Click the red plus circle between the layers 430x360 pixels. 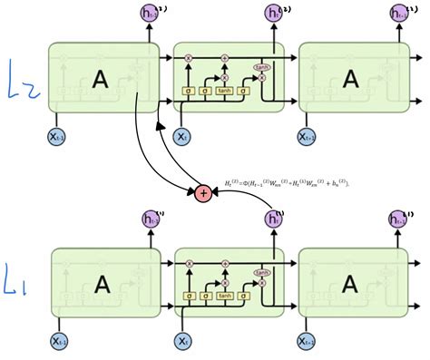[x=202, y=192]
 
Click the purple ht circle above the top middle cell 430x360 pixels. [x=273, y=14]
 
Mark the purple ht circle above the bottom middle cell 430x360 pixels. [x=273, y=218]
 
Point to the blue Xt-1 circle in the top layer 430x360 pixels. [x=57, y=137]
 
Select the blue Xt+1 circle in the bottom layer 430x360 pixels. [x=308, y=341]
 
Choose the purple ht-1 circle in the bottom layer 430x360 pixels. [x=148, y=218]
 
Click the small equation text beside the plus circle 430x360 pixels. [x=290, y=183]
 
